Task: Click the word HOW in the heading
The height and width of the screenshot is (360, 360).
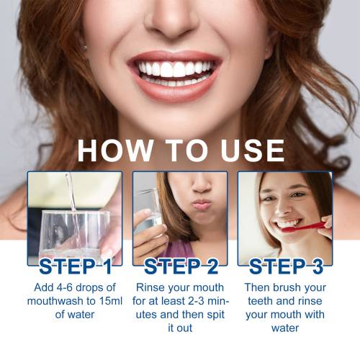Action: pyautogui.click(x=115, y=150)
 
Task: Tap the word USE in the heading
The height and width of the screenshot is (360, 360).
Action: pyautogui.click(x=253, y=150)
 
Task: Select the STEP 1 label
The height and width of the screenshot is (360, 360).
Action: pyautogui.click(x=76, y=266)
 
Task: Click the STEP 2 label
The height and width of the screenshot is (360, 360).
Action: pyautogui.click(x=181, y=266)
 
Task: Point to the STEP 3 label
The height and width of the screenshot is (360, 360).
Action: pyautogui.click(x=286, y=266)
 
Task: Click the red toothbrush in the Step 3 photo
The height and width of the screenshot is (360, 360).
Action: pyautogui.click(x=303, y=227)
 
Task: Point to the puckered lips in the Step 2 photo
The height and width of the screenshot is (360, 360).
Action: pyautogui.click(x=201, y=204)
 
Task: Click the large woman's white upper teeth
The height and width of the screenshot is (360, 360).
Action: pyautogui.click(x=174, y=69)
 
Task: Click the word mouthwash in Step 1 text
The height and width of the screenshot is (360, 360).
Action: pyautogui.click(x=57, y=301)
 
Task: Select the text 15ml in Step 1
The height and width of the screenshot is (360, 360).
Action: pyautogui.click(x=111, y=301)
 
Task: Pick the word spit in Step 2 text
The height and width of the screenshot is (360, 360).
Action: pyautogui.click(x=215, y=315)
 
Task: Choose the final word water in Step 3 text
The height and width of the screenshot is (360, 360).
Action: pyautogui.click(x=285, y=328)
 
